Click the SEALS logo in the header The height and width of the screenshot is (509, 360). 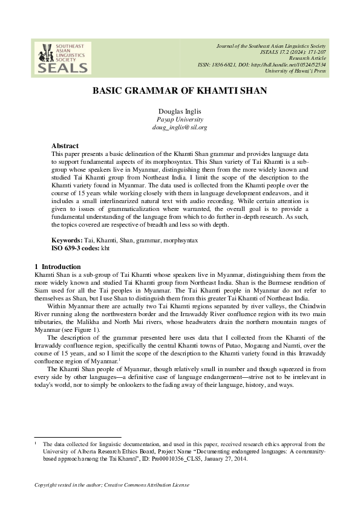(62, 58)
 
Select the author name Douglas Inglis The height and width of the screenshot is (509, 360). (180, 112)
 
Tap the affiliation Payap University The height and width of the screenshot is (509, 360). (180, 120)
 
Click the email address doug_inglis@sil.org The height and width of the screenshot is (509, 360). (180, 128)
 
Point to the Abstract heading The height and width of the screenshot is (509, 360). (65, 146)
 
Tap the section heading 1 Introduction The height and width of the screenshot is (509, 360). (58, 267)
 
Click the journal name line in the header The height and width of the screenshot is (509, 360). (272, 47)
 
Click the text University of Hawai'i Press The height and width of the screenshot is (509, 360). (295, 71)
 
